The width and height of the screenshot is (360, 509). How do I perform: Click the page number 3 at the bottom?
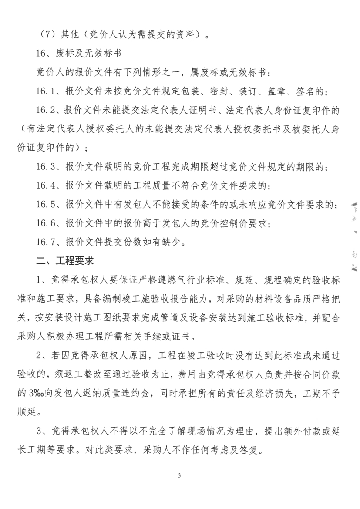pyautogui.click(x=180, y=475)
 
